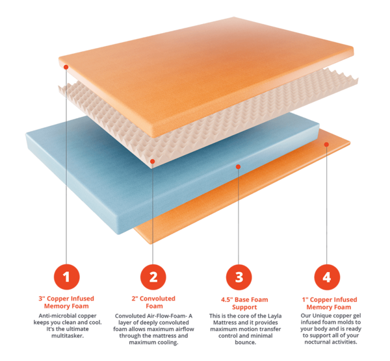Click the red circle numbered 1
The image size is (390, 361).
tap(67, 277)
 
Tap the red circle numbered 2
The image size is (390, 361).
tap(153, 277)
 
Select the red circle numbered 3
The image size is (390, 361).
tap(239, 277)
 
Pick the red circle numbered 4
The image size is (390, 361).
tap(326, 277)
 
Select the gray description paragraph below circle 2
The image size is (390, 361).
tap(153, 328)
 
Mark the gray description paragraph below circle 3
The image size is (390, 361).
tap(239, 328)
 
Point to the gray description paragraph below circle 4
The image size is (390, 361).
tap(326, 328)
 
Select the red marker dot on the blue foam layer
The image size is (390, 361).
tap(239, 168)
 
